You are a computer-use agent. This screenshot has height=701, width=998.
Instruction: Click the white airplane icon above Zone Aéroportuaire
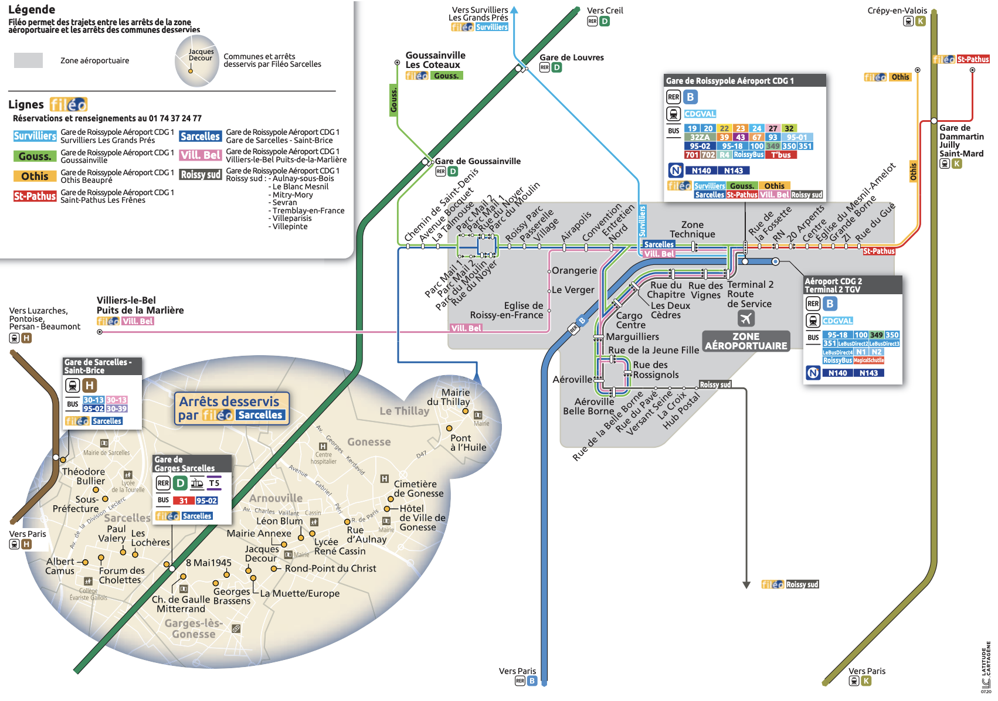(x=746, y=318)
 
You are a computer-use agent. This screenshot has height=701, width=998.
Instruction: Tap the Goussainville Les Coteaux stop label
(x=435, y=60)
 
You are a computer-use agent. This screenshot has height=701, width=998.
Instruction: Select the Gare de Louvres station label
(x=571, y=57)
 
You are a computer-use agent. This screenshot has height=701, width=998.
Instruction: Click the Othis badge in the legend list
(x=35, y=176)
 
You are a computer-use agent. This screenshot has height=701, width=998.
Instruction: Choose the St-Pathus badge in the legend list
(x=35, y=196)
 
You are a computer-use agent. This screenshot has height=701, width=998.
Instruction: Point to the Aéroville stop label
(x=572, y=379)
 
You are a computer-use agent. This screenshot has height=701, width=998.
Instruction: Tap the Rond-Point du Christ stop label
(x=330, y=569)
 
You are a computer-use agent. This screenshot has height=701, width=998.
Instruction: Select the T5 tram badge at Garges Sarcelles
(x=214, y=484)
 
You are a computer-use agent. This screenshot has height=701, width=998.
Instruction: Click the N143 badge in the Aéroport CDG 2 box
(x=868, y=373)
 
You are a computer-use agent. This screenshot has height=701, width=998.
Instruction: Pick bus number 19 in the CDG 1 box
(x=692, y=128)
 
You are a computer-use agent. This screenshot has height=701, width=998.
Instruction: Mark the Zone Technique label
(x=692, y=229)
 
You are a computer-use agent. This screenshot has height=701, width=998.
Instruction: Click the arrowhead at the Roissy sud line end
(x=746, y=584)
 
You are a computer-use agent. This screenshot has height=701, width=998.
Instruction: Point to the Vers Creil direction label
(x=605, y=11)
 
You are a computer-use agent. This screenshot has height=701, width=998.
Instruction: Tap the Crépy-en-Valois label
(x=897, y=11)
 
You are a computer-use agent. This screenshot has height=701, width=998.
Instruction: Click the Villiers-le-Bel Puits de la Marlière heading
(x=140, y=305)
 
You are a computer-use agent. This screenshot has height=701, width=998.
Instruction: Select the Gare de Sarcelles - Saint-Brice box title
(x=98, y=366)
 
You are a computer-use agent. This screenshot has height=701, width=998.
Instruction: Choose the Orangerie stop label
(x=574, y=271)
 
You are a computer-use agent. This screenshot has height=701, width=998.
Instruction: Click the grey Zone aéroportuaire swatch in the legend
(x=28, y=60)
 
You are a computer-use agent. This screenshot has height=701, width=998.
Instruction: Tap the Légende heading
(x=32, y=9)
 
